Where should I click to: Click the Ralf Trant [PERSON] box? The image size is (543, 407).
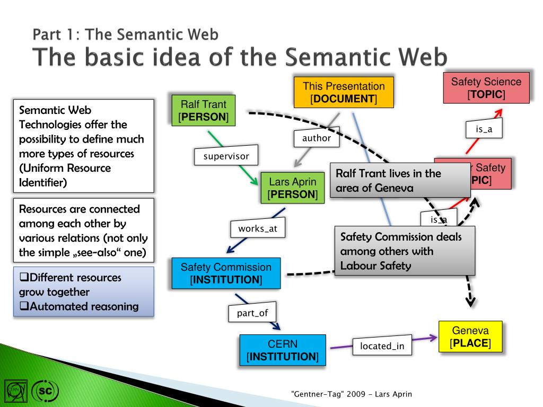coord(204,110)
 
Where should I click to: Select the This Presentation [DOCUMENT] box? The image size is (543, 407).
coord(344,92)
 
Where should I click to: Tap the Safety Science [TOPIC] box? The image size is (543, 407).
coord(486,88)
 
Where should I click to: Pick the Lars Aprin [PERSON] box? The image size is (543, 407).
coord(292,188)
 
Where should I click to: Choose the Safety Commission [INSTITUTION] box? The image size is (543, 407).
coord(226,273)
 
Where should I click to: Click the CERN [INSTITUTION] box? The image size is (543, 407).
coord(282,350)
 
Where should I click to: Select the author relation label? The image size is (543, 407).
coord(316,138)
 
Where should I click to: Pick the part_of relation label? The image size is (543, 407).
coord(252,313)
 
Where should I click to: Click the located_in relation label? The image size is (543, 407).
coord(382,346)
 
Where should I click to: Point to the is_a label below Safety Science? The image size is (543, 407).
coord(484,129)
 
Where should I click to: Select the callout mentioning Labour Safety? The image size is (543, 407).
coord(404,251)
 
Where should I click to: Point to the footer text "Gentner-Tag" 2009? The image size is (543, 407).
coord(351,394)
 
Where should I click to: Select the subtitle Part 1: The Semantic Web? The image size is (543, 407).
coord(125,35)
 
